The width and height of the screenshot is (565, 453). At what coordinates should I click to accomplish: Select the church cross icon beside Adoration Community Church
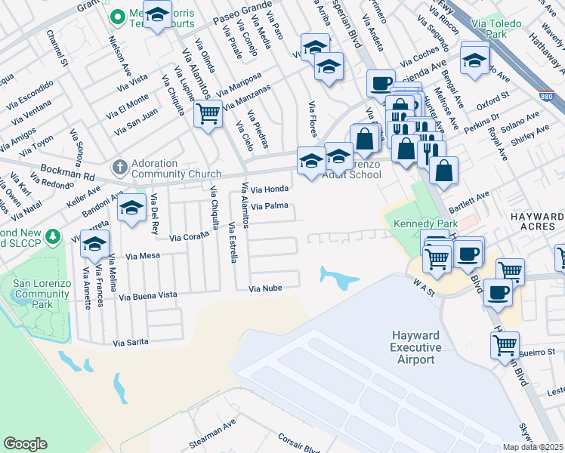coord(119,165)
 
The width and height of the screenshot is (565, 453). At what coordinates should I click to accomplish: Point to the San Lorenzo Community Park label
coord(42,294)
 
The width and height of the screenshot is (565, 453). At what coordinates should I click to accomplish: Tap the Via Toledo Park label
coord(488,29)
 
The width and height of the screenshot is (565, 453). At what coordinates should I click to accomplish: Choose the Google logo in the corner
coord(25,444)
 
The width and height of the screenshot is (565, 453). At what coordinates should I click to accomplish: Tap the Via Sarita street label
coord(131,343)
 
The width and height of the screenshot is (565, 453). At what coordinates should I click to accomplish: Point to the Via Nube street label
coord(264,288)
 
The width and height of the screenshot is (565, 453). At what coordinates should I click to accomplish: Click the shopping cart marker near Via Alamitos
coord(208,115)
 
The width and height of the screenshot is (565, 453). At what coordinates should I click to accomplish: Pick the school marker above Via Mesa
coord(95,244)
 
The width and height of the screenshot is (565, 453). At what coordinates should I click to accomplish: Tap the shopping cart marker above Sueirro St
coord(505,346)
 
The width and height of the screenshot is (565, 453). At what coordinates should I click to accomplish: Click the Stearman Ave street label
coord(215,437)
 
